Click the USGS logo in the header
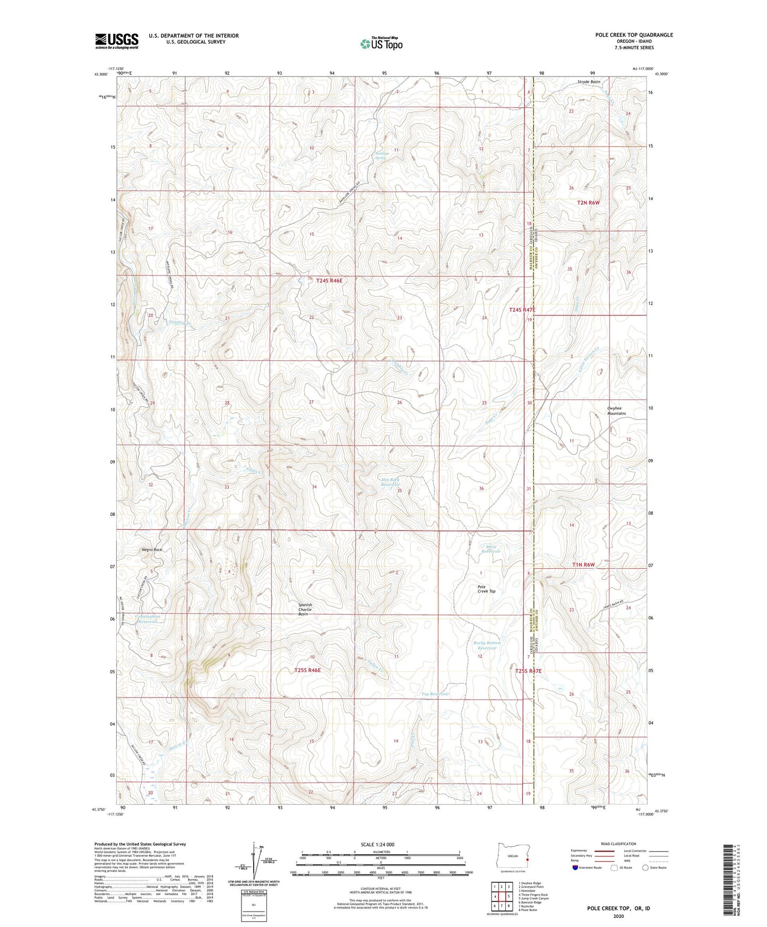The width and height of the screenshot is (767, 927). tap(116, 41)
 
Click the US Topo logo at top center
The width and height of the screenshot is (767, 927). tap(381, 44)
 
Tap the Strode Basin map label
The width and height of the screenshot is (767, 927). tap(589, 82)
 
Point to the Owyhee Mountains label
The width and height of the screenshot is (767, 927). tap(616, 410)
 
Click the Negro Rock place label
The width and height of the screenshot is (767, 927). tap(152, 550)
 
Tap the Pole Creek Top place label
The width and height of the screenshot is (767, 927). tap(486, 588)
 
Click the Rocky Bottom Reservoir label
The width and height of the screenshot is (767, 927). tap(487, 645)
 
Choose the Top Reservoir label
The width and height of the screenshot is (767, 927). tap(435, 694)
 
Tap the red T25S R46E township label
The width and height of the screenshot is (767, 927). tap(307, 670)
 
